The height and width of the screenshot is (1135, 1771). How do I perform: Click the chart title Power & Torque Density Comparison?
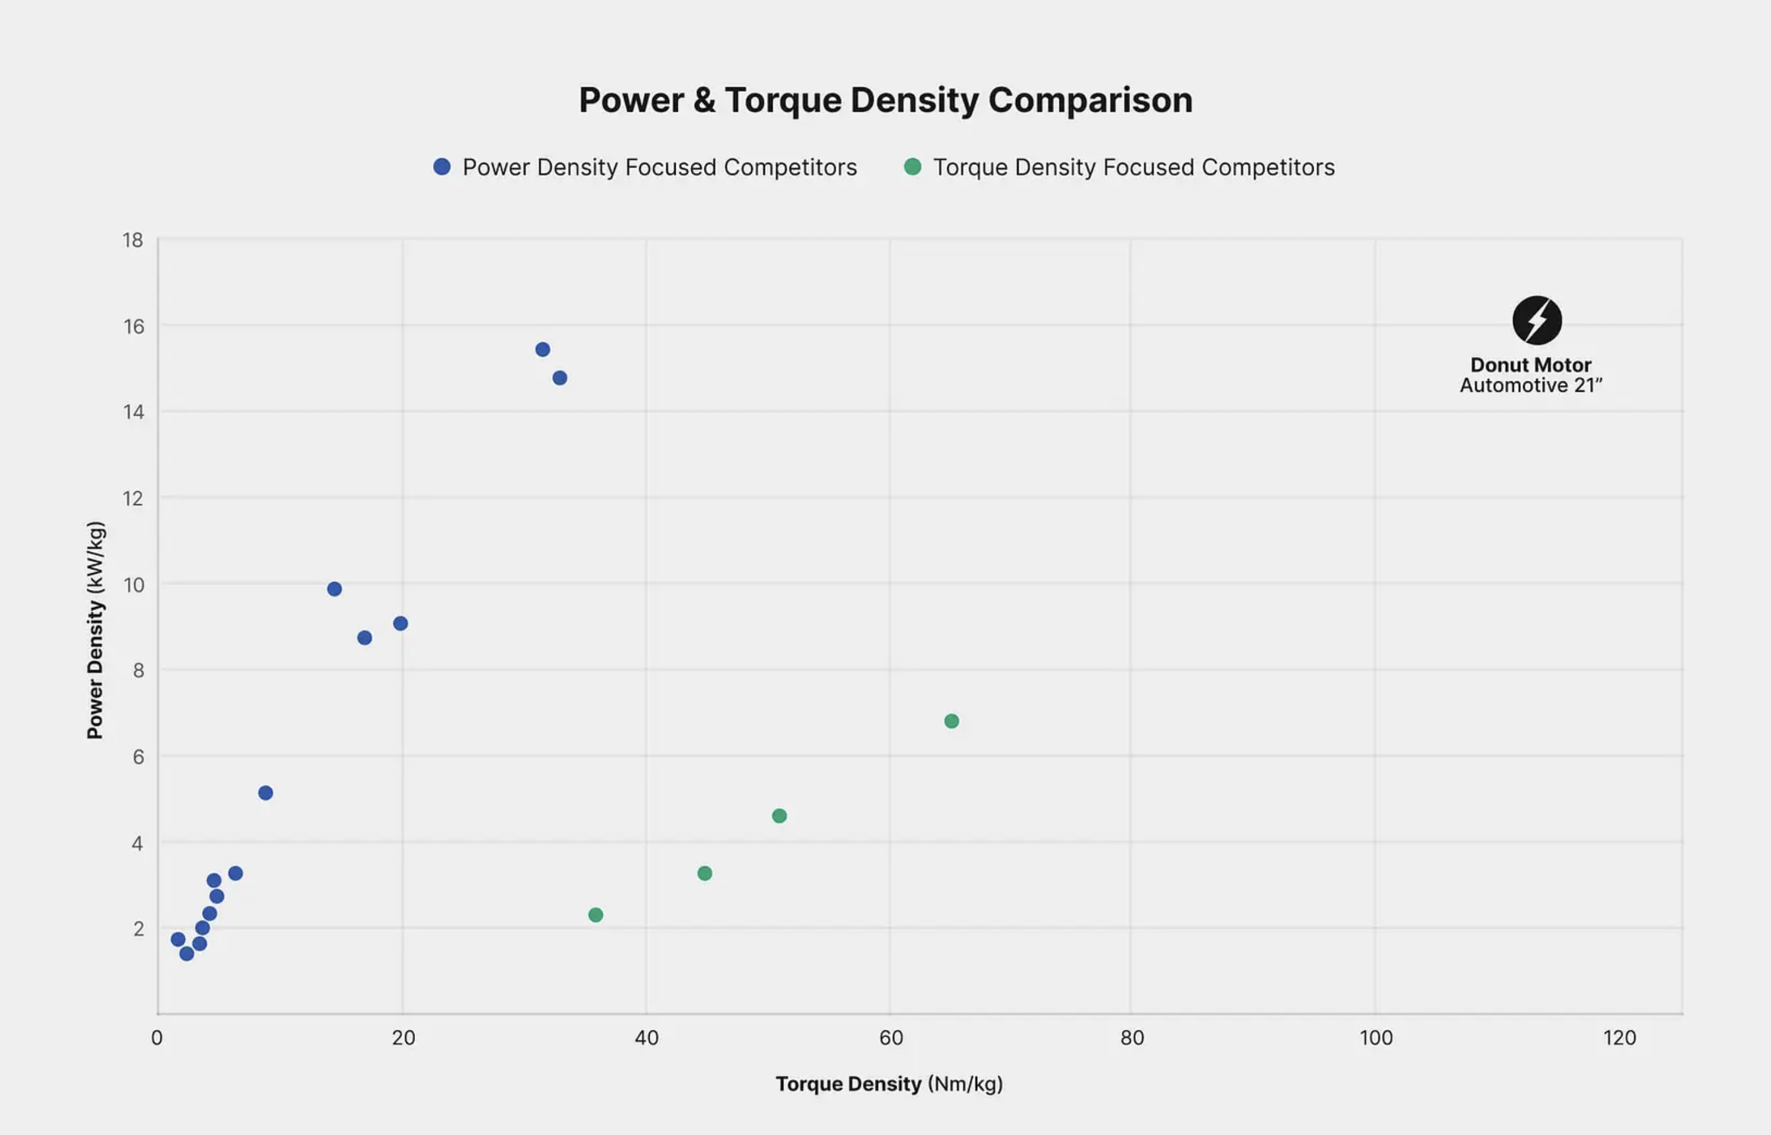[x=885, y=101]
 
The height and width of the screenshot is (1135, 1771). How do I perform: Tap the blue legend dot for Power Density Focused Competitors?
[x=442, y=167]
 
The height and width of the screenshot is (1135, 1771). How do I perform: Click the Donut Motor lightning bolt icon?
[x=1537, y=321]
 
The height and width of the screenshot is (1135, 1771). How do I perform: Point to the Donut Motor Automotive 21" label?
[x=1531, y=375]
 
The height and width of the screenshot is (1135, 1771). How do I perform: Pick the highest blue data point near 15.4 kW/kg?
[x=542, y=350]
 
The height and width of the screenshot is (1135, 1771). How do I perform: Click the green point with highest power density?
[x=951, y=721]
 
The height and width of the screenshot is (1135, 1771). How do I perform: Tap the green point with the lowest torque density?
[x=595, y=915]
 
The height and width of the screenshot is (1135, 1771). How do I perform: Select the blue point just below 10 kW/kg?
[x=334, y=589]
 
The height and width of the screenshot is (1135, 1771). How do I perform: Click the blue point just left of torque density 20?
[x=400, y=624]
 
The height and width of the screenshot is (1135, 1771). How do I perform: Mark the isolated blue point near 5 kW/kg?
[x=266, y=793]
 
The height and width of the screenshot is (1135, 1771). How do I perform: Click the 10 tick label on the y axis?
[x=134, y=585]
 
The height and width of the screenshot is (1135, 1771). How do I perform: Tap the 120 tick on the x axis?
[x=1619, y=1038]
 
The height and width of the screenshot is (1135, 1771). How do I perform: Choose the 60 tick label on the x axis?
[x=890, y=1038]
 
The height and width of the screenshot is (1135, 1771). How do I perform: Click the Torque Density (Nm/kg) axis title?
[x=889, y=1083]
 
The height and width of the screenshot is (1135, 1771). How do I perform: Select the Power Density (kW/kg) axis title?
[x=95, y=630]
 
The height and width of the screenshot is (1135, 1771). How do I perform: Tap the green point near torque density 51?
[x=779, y=816]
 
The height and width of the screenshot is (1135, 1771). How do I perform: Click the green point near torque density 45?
[x=705, y=873]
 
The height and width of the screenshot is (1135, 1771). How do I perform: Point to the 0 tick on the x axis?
[x=157, y=1038]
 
